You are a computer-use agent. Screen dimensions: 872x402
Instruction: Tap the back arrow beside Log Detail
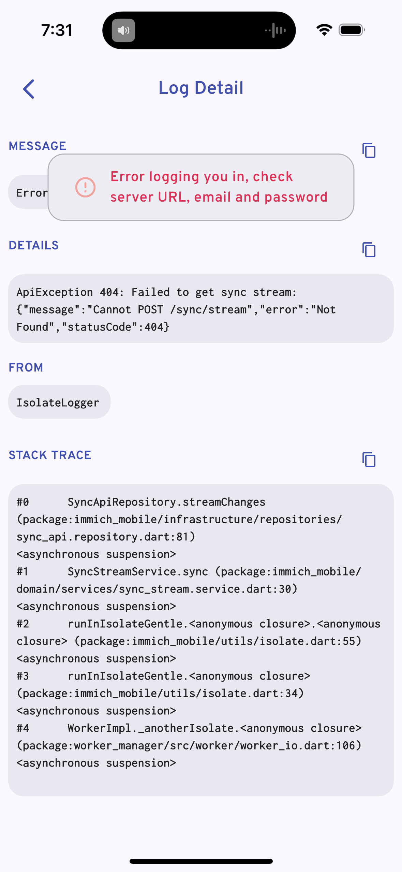29,89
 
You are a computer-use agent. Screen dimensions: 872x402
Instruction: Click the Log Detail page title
201,88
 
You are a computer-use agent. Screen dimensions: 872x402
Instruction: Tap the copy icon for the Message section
369,150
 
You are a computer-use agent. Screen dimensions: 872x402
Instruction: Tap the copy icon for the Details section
369,250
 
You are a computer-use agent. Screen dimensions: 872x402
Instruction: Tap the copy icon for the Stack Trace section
369,460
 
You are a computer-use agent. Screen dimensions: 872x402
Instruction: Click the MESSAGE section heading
38,146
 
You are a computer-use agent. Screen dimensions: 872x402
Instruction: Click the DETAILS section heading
34,245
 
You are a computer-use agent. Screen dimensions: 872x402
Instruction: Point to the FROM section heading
26,367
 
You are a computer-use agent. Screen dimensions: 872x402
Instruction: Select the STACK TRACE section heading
50,455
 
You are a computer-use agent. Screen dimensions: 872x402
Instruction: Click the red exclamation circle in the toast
85,187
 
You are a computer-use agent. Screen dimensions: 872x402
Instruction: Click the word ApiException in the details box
55,292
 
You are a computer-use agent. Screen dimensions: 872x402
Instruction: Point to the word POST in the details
150,310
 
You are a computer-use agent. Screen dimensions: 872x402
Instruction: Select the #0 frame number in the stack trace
23,502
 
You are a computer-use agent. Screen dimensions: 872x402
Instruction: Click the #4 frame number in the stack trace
23,728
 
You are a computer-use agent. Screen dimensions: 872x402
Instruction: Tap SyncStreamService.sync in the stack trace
138,572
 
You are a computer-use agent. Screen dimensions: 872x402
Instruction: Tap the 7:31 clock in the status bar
57,30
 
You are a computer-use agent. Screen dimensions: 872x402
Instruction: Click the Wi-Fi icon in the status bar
324,30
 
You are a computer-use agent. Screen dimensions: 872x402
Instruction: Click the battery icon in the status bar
352,30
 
